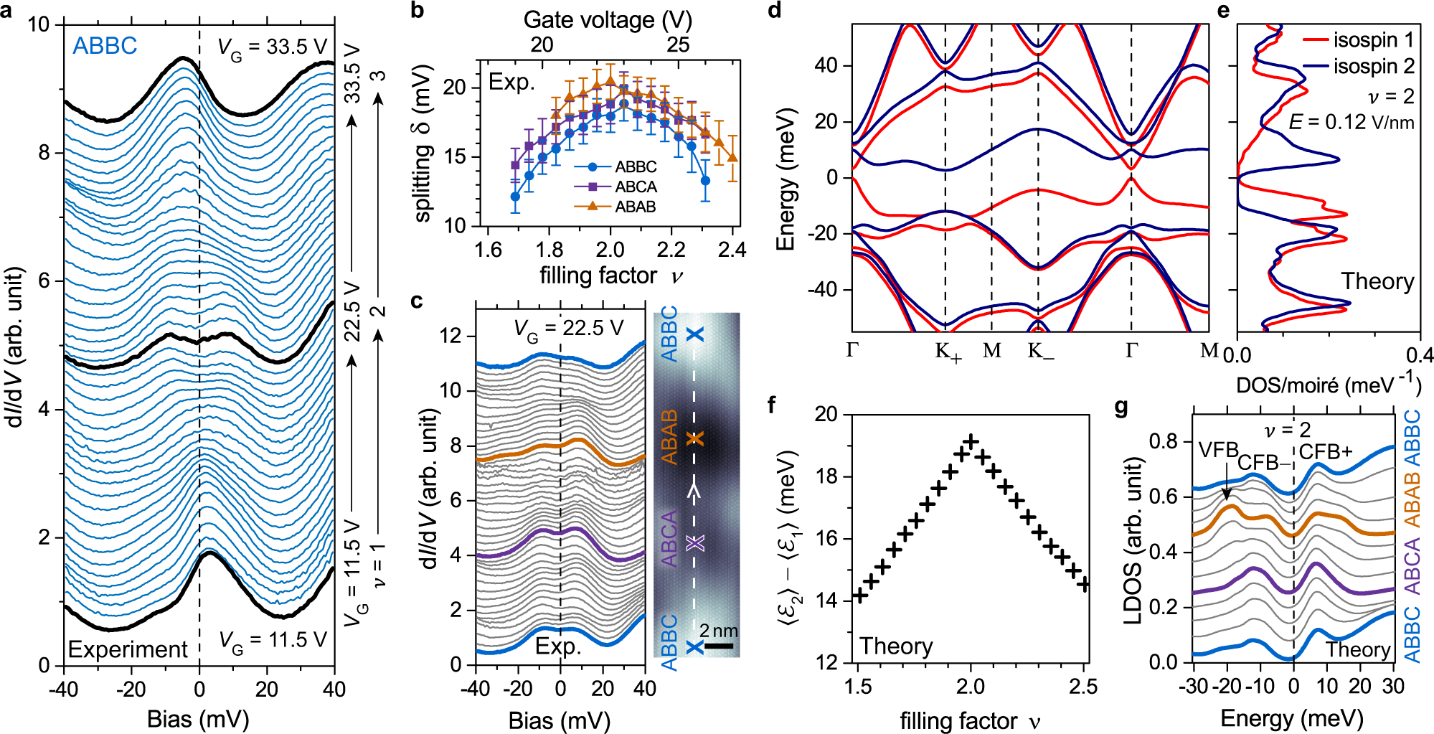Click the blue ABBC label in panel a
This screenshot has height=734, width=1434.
coord(105,46)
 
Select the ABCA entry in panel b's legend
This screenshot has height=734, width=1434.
coord(636,187)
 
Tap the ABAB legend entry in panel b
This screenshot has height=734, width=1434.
coord(636,207)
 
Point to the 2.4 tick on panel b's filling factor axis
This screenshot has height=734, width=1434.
coord(732,250)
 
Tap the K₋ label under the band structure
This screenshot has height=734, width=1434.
coord(1040,352)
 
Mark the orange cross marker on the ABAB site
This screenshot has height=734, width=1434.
coord(694,438)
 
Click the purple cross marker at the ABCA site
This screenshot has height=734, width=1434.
coord(694,543)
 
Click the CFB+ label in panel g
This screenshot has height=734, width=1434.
coord(1325,451)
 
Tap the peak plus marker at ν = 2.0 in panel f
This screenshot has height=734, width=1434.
coord(971,441)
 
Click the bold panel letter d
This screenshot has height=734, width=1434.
coord(775,11)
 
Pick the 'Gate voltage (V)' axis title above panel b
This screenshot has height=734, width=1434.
coord(608,19)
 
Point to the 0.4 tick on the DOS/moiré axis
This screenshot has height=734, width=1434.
coord(1419,355)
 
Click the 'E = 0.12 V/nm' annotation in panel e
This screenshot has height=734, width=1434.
coord(1352,122)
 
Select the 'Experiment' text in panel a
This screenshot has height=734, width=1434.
coord(128,649)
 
